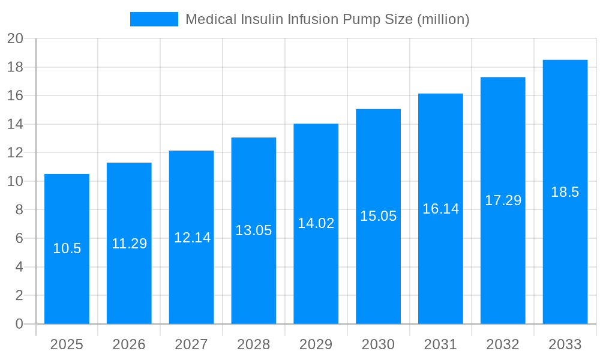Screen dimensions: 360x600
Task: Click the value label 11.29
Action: [x=129, y=244]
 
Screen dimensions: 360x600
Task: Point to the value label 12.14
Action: [x=192, y=238]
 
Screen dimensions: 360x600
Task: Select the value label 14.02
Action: [x=316, y=223]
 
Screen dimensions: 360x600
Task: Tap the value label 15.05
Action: [x=378, y=216]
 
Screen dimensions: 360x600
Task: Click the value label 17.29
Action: [x=503, y=200]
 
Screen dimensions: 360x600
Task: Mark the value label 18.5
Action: [x=565, y=192]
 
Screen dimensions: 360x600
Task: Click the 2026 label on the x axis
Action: [x=129, y=344]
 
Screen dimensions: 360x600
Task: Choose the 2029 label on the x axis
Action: [x=316, y=344]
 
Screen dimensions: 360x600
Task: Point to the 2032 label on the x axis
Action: [x=503, y=344]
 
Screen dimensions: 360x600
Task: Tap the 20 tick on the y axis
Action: [x=15, y=39]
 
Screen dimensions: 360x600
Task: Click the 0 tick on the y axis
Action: [x=19, y=324]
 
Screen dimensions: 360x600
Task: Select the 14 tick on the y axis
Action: [x=15, y=124]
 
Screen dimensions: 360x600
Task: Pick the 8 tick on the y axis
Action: [x=19, y=210]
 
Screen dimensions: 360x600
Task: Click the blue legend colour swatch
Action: [x=154, y=19]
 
